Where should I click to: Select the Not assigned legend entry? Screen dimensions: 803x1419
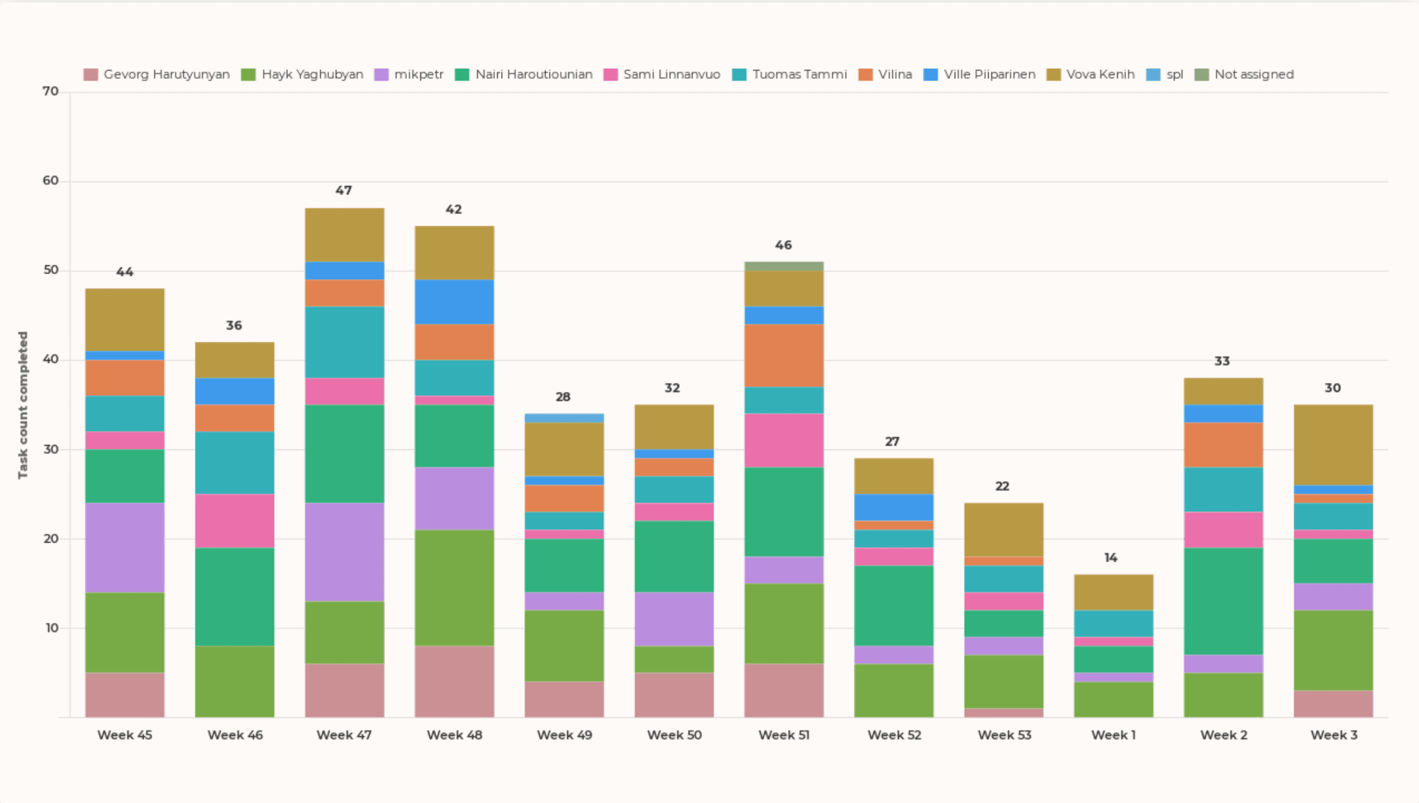click(1244, 74)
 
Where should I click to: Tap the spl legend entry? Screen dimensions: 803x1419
click(1165, 74)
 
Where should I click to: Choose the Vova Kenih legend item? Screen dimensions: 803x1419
click(1091, 74)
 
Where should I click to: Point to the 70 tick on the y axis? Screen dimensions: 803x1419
click(50, 91)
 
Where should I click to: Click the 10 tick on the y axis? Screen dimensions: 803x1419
click(50, 628)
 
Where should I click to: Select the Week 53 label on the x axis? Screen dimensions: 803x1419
click(1004, 735)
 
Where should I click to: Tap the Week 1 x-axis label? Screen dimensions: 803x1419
click(1113, 735)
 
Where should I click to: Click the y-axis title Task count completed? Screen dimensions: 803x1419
click(23, 405)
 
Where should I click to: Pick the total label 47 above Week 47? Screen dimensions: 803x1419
click(343, 190)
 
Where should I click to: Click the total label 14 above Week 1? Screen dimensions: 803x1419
click(1110, 558)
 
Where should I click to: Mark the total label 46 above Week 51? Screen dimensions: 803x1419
click(783, 245)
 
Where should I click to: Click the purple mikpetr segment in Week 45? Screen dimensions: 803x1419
click(125, 547)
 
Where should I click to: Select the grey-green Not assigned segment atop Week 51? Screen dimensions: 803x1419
click(783, 266)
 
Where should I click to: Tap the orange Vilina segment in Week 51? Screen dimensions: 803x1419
click(783, 355)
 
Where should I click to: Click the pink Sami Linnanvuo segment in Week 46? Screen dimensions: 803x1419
click(234, 521)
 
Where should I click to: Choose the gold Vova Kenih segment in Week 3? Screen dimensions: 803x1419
click(1333, 445)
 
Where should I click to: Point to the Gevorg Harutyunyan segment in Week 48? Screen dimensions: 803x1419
click(454, 681)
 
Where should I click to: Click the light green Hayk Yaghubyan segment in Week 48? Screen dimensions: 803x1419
click(454, 587)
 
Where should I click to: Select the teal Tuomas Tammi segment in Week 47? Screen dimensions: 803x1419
click(344, 342)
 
